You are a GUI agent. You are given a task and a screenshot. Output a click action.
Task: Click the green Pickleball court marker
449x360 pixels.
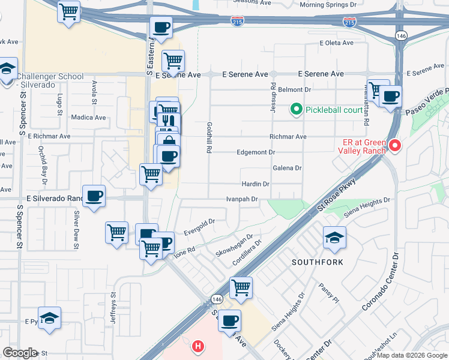point(295,110)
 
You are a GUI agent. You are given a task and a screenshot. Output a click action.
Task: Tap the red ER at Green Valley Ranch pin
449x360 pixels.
point(394,146)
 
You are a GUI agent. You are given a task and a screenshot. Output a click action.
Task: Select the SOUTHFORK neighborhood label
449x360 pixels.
point(317,263)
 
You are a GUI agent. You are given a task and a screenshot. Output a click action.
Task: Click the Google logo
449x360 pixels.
point(20,352)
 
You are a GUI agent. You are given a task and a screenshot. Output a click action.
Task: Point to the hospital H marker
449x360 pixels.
point(197,346)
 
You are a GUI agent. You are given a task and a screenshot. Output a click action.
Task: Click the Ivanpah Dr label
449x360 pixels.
point(241,199)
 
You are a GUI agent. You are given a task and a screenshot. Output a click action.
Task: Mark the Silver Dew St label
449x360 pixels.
point(76,226)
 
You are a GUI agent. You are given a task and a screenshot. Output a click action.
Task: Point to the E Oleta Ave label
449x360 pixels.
point(339,43)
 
